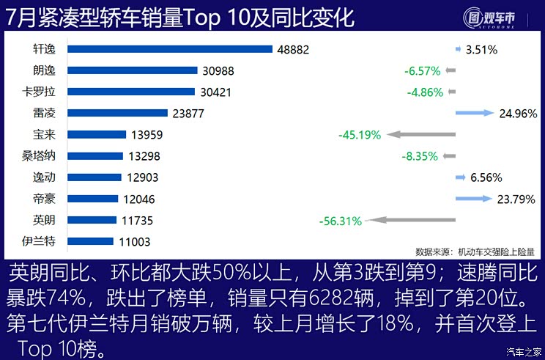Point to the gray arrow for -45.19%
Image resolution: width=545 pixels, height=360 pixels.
(x=421, y=135)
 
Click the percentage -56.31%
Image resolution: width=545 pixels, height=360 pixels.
(x=341, y=220)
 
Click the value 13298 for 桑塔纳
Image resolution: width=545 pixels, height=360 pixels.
(x=143, y=156)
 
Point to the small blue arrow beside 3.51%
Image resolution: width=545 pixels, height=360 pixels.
(x=459, y=49)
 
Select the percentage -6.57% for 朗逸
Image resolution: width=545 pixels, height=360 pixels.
(x=422, y=71)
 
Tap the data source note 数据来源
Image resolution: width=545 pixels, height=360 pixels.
(x=475, y=251)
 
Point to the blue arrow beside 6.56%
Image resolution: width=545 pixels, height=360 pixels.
(x=460, y=177)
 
